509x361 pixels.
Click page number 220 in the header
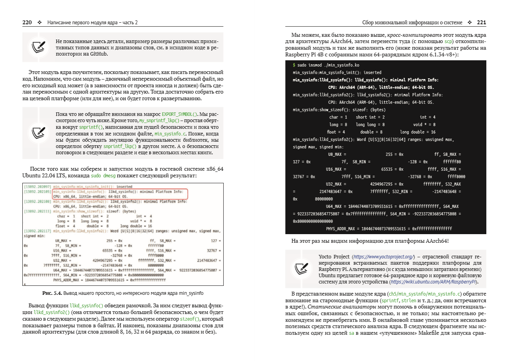coord(27,23)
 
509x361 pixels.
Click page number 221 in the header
coord(482,23)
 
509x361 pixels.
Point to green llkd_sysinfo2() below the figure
coord(51,312)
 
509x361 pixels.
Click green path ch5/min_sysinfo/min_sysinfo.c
coord(423,294)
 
